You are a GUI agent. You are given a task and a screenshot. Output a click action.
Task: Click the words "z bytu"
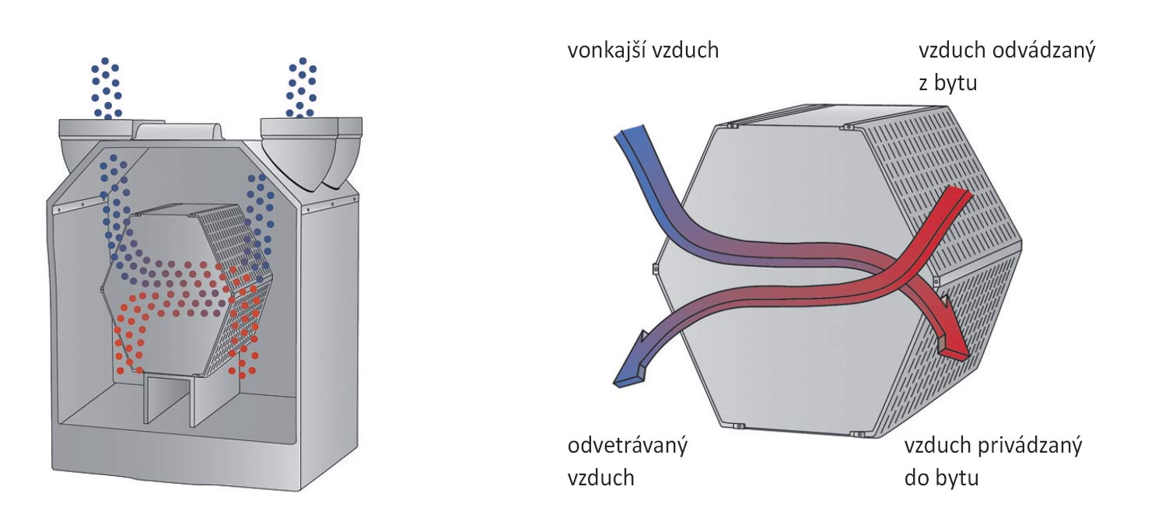(947, 82)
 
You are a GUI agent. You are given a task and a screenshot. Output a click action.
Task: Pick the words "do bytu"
(941, 477)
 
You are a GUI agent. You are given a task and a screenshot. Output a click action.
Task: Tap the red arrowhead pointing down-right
(953, 346)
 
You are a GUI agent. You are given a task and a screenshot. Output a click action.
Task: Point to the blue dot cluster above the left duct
(106, 87)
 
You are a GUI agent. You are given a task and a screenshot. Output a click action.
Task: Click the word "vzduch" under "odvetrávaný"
(601, 477)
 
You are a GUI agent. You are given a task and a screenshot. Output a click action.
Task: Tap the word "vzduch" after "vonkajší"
(685, 51)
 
